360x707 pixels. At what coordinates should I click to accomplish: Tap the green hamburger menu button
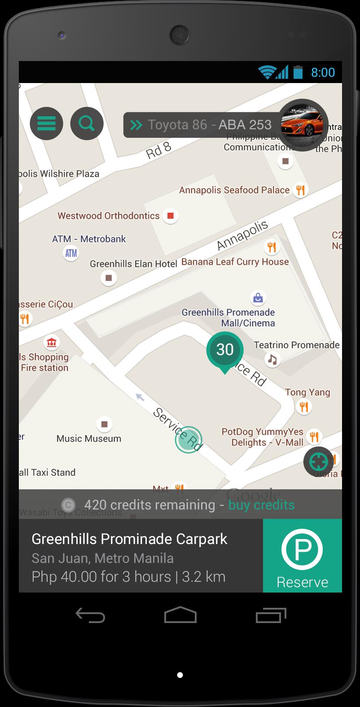point(46,123)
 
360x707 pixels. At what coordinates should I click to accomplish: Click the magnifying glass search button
point(87,123)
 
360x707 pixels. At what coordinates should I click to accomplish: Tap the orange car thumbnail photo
point(303,125)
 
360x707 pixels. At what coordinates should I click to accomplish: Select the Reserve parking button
point(302,556)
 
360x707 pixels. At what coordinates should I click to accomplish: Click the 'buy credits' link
point(261,505)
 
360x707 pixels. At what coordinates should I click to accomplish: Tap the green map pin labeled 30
point(225,351)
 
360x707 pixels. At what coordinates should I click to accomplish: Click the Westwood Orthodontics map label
point(109,215)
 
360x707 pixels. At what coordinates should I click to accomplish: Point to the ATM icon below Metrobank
point(71,253)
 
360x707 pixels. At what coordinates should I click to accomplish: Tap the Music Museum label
point(89,439)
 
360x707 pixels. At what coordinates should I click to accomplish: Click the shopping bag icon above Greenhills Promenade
point(258,297)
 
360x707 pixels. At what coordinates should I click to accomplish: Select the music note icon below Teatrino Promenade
point(272,359)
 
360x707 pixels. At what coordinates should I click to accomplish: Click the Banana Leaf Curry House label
point(235,262)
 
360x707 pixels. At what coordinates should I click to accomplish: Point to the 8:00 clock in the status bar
point(323,72)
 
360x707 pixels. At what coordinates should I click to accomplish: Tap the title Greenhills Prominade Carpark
point(129,539)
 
